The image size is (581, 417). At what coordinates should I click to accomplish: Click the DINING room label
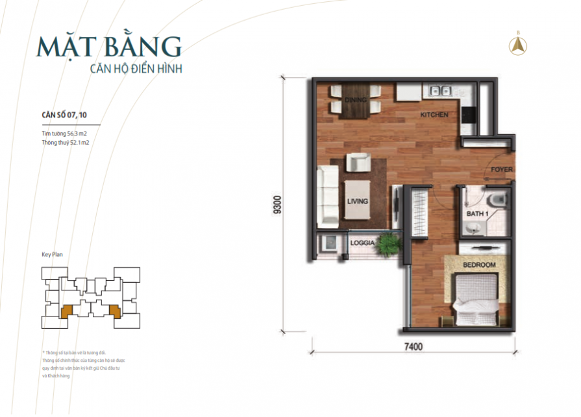tap(356, 101)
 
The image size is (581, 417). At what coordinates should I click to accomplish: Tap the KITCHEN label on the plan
tap(434, 115)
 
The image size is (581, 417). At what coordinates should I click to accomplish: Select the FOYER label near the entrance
tap(501, 170)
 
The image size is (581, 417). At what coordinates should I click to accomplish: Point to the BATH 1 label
tap(478, 213)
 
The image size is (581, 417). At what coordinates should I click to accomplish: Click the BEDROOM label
tap(479, 265)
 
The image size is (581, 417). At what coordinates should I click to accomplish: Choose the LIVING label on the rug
tap(357, 202)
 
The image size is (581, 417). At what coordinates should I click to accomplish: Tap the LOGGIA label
tap(362, 243)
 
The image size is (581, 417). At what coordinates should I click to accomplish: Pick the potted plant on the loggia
tap(390, 244)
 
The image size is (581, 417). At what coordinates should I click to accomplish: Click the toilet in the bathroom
tap(496, 199)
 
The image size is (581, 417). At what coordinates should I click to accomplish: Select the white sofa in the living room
tap(328, 195)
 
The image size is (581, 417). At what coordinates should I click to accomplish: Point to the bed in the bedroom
tap(475, 298)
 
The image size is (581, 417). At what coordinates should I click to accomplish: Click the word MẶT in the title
tap(60, 47)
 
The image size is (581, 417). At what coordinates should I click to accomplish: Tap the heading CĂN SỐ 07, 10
tap(63, 115)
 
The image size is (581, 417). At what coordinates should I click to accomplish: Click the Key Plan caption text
tap(53, 255)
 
